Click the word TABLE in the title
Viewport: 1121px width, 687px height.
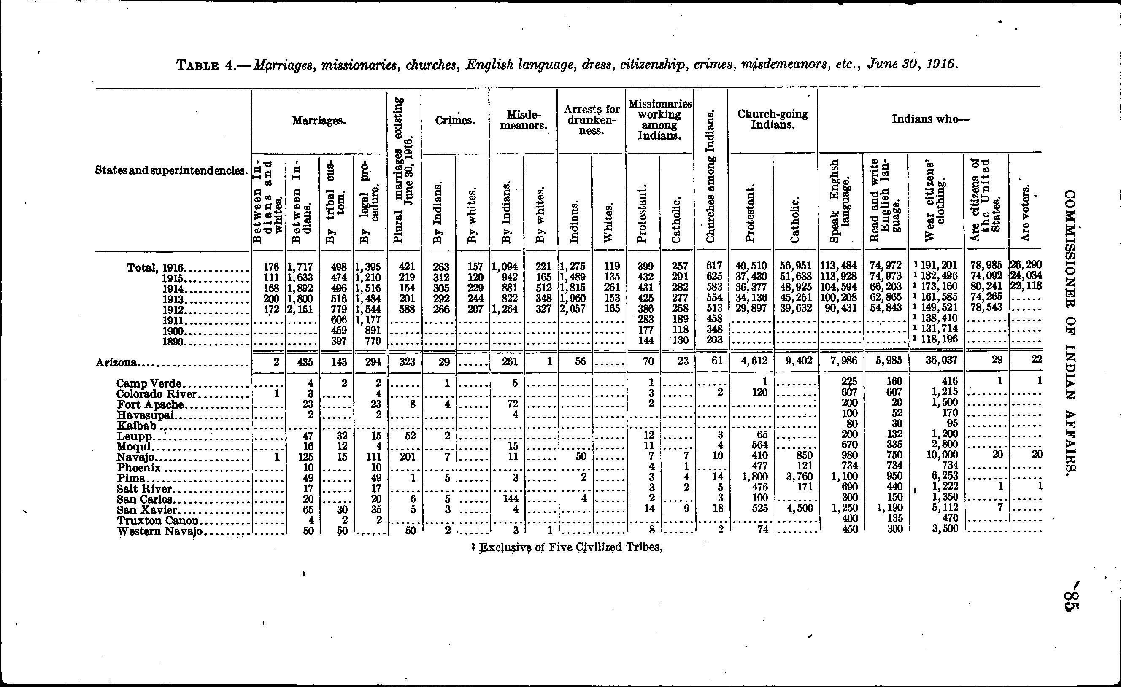point(198,65)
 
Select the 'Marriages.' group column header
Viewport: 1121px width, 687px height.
point(319,121)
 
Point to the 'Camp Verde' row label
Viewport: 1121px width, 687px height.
point(149,383)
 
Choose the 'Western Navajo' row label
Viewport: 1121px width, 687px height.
point(159,531)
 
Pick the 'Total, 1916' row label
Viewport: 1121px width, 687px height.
point(154,267)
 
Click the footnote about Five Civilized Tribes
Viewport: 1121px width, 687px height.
point(567,547)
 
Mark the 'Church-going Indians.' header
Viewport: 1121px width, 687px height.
point(773,119)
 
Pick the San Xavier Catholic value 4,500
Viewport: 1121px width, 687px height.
point(797,508)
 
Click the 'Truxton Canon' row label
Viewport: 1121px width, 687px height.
point(157,520)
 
